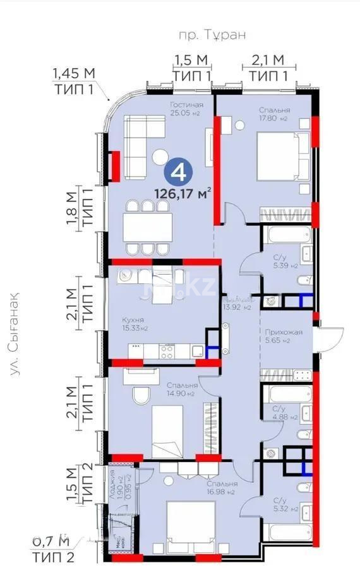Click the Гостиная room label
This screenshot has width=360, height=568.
click(x=187, y=105)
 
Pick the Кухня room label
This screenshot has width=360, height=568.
click(x=133, y=320)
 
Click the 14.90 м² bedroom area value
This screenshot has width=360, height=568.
click(x=183, y=393)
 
